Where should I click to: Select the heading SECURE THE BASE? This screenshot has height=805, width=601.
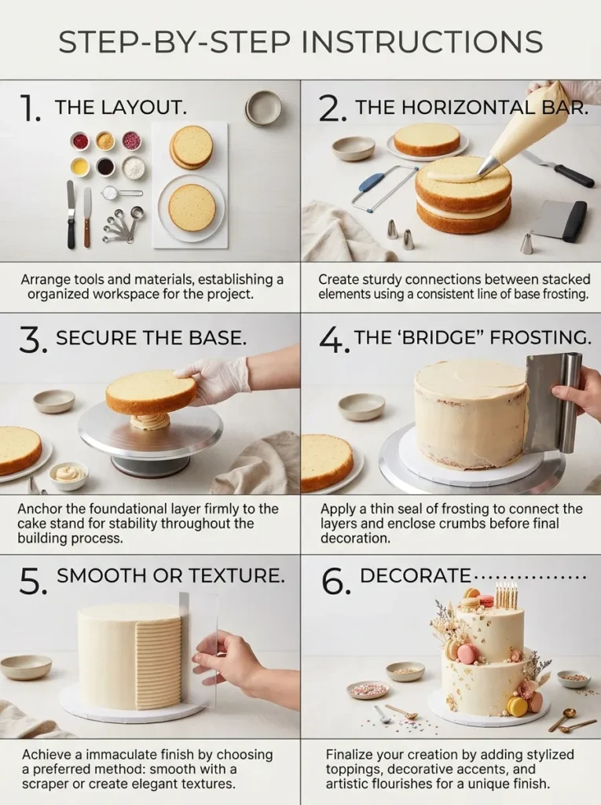(152, 339)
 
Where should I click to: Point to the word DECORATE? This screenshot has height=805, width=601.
(416, 575)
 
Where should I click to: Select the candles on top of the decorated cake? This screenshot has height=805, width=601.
(507, 596)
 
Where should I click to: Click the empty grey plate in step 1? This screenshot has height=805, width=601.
(263, 108)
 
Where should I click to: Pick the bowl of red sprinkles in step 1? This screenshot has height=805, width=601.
(79, 141)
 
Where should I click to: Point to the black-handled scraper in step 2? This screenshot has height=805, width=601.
(561, 221)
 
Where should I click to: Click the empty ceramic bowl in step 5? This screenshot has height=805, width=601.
(26, 667)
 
